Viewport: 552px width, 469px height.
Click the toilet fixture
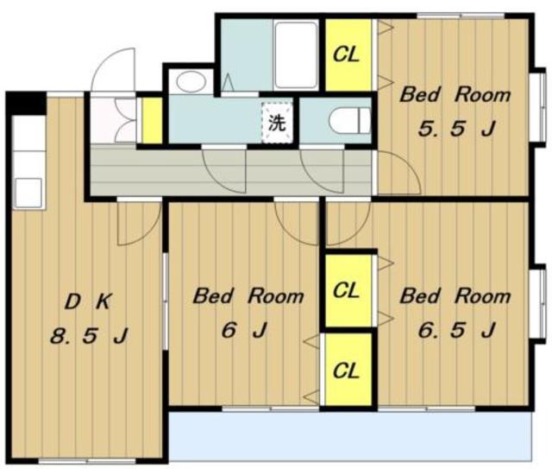point(349,120)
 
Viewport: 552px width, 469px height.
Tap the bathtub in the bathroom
point(296,54)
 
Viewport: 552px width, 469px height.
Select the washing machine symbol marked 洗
point(277,123)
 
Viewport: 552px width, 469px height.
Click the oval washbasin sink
point(191,81)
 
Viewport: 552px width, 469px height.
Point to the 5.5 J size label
point(457,129)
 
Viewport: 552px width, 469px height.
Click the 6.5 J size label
point(457,330)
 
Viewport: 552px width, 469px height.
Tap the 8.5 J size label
point(89,335)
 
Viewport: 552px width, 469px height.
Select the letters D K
point(89,302)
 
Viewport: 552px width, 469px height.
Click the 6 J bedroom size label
point(243,330)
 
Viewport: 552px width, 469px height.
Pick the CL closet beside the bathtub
point(348,54)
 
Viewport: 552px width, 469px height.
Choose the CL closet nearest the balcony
point(348,371)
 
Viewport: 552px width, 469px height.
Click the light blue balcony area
point(350,435)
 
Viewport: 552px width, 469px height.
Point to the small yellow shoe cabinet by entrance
point(152,120)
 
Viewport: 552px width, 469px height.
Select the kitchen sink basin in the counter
point(28,193)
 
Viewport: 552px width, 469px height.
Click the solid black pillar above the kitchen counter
point(26,103)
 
